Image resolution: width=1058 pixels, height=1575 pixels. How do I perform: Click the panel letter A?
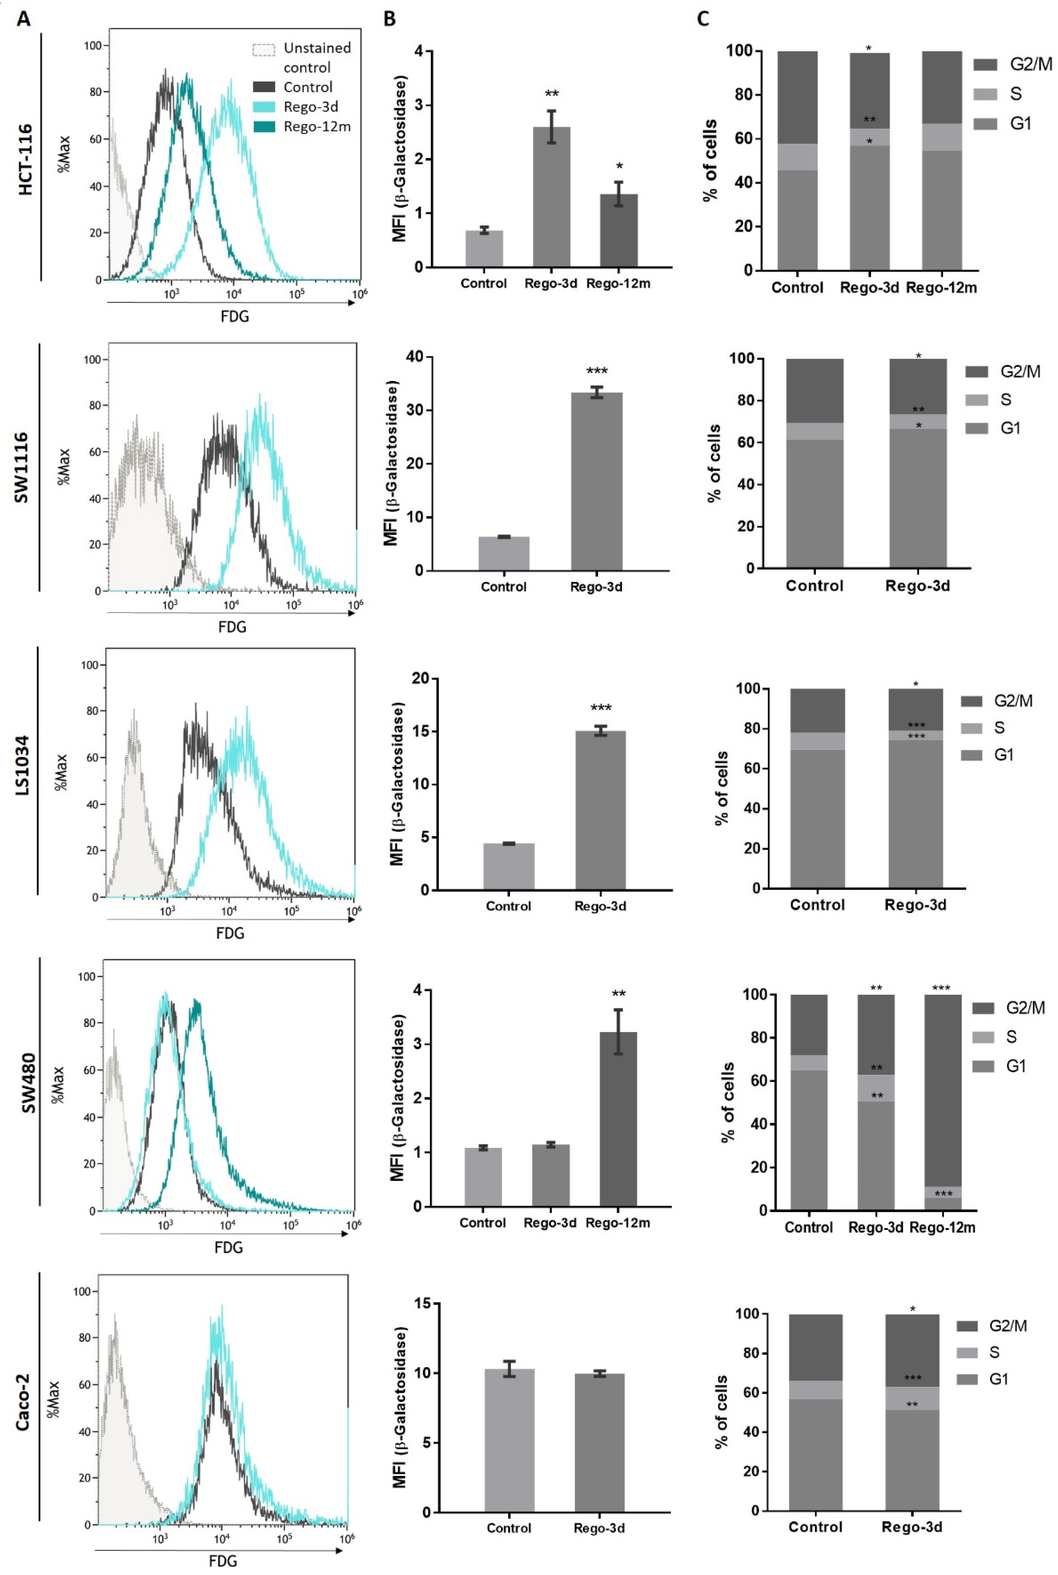click(24, 19)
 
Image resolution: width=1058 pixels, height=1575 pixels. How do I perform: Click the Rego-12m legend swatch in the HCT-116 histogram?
click(264, 126)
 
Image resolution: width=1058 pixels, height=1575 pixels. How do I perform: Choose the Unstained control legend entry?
click(301, 58)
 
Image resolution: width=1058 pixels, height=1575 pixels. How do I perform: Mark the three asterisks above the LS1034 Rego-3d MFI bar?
click(600, 708)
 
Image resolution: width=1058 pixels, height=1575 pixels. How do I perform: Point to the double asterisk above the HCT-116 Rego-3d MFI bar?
click(552, 94)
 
